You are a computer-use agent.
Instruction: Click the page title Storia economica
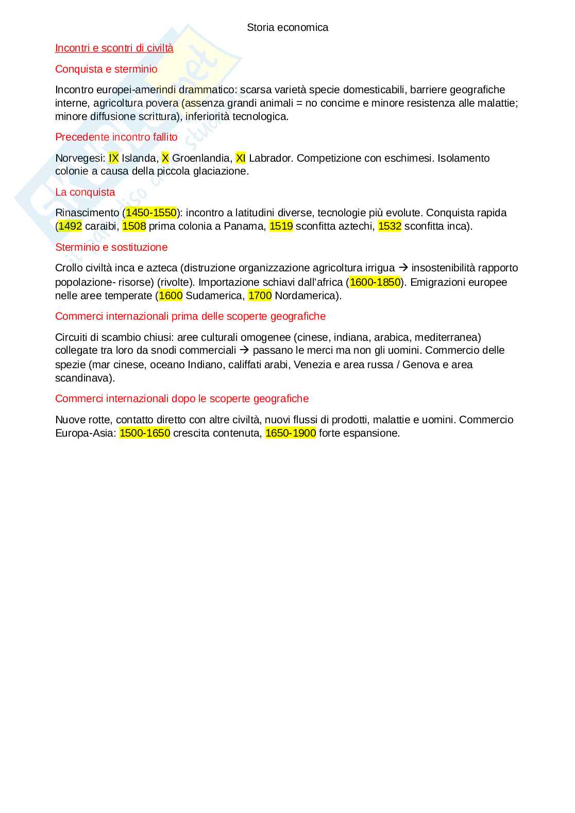[x=287, y=28]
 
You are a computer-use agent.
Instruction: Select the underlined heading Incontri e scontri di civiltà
[x=114, y=48]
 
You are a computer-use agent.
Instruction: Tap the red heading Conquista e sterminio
[x=106, y=69]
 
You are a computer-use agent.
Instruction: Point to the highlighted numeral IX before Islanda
[x=113, y=158]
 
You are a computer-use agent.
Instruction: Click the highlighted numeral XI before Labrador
[x=240, y=158]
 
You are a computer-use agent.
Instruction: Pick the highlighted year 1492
[x=70, y=226]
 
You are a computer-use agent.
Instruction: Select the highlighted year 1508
[x=134, y=226]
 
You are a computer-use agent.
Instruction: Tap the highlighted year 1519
[x=281, y=226]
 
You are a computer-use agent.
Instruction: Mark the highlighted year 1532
[x=390, y=226]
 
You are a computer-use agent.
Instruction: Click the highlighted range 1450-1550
[x=151, y=213]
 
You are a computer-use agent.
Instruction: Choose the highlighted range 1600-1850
[x=375, y=282]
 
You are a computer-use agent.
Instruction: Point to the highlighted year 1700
[x=260, y=296]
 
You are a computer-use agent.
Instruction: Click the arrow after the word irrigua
[x=403, y=268]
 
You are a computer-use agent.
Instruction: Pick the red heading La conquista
[x=85, y=193]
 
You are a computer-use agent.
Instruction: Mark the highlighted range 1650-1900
[x=291, y=433]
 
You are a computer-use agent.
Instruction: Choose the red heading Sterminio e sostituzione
[x=111, y=248]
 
